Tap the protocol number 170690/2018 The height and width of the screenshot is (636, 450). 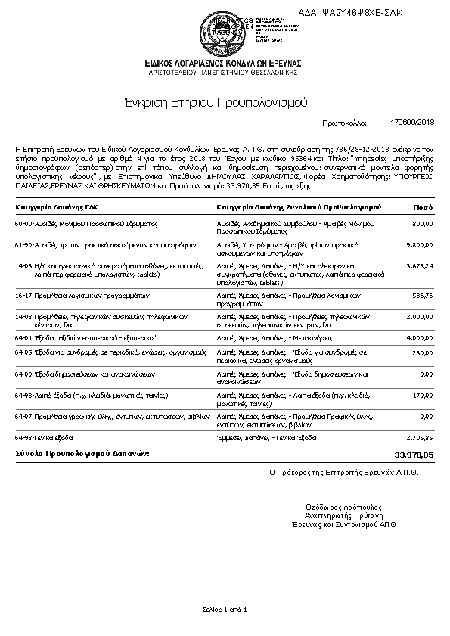[412, 122]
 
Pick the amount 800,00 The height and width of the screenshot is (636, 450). [422, 224]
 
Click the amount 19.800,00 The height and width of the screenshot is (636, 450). [418, 245]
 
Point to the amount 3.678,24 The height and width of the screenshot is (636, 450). [418, 266]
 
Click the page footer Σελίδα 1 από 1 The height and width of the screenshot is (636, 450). [225, 609]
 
